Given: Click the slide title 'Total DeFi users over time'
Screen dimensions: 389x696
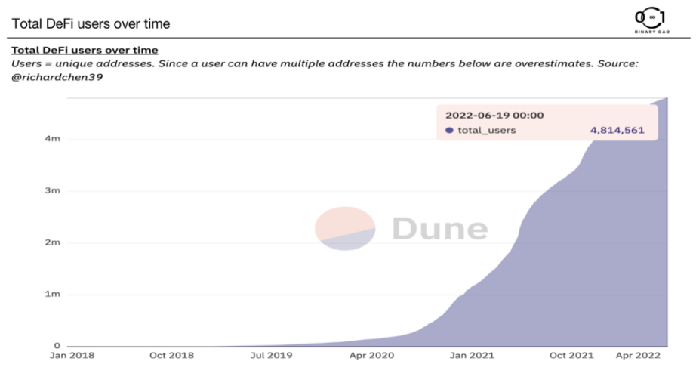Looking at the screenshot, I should click(91, 23).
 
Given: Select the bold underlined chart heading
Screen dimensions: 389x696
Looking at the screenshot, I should click(85, 50).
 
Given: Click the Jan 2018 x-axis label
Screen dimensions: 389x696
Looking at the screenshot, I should click(72, 354).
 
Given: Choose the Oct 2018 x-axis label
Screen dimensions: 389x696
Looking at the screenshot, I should click(171, 354).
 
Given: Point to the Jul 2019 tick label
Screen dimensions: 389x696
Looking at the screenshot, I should click(270, 354).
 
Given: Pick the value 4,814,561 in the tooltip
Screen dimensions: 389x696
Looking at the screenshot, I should click(617, 131).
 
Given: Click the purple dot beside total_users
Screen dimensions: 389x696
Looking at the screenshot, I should click(449, 131).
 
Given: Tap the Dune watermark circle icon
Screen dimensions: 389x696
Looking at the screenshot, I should click(345, 228).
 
